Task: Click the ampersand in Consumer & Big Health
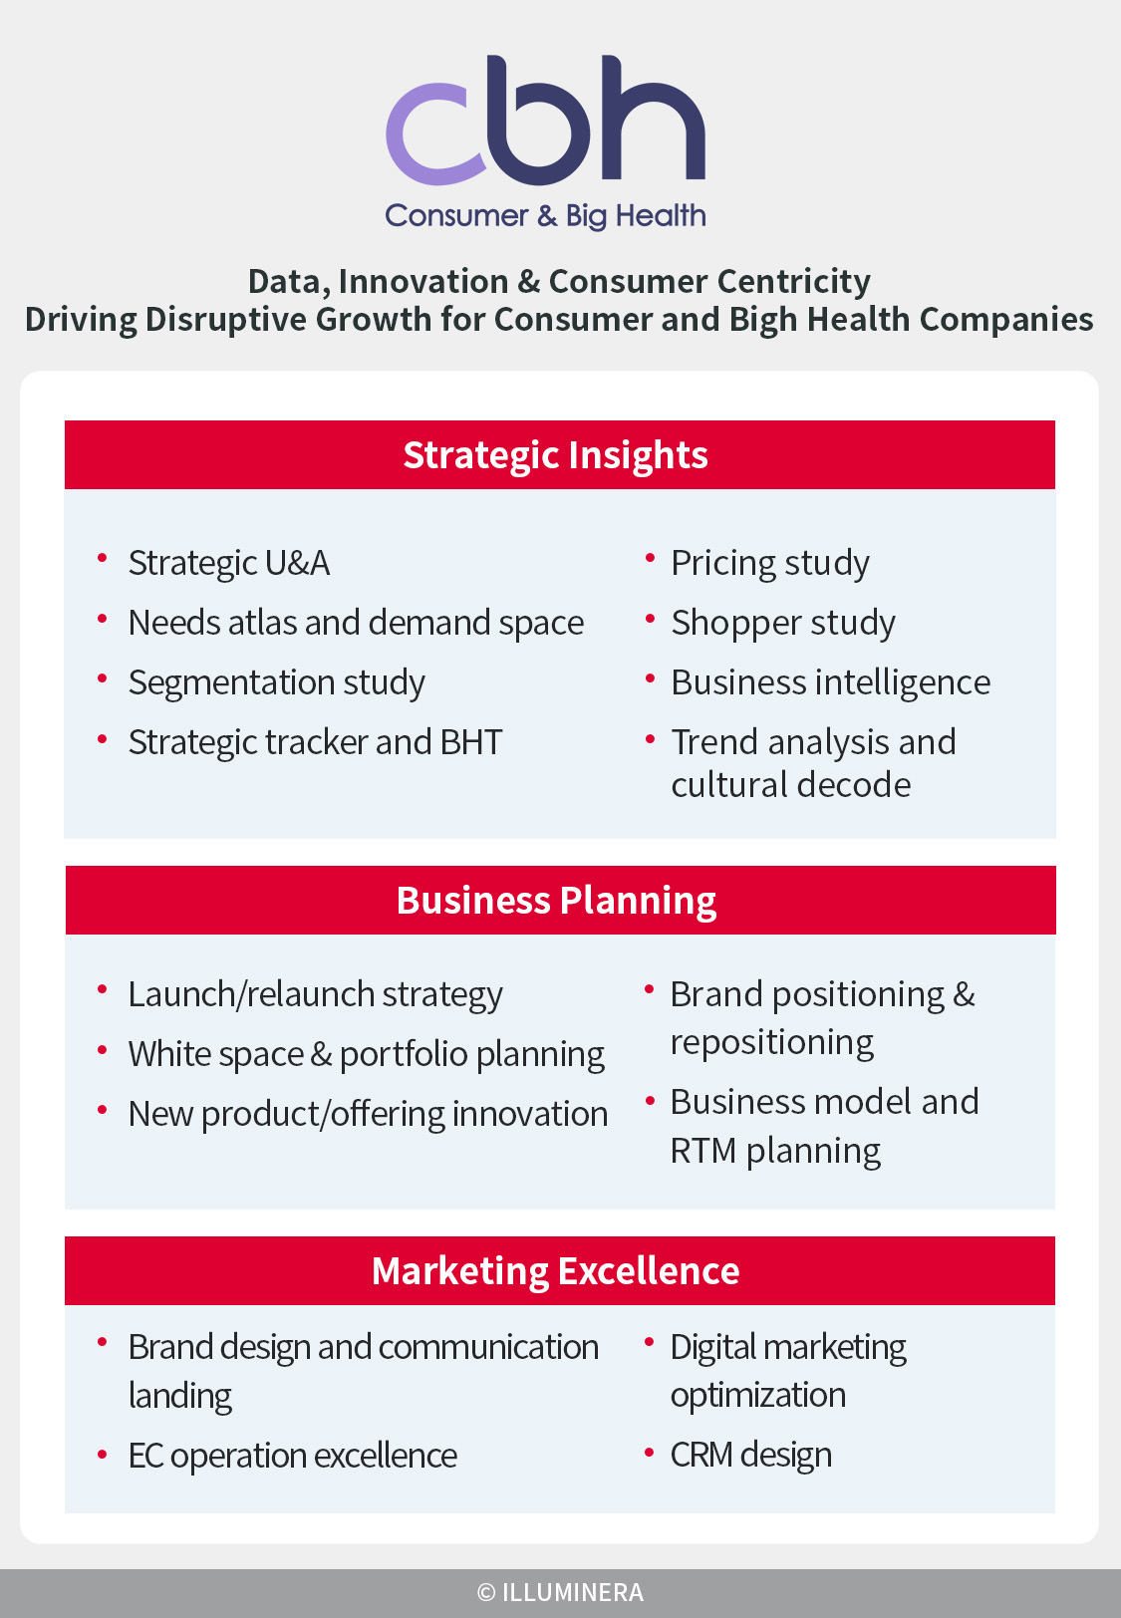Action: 547,216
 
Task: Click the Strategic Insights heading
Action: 555,455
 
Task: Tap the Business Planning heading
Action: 556,900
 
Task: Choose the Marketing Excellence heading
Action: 555,1271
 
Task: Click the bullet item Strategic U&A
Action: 229,564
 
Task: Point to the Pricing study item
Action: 770,564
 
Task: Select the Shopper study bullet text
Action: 783,623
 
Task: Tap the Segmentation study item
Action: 277,682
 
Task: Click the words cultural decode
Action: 791,784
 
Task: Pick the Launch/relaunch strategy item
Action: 315,994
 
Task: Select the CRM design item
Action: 751,1455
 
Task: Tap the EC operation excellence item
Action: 293,1456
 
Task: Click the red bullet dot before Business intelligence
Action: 650,676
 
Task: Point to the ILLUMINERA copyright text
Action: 560,1592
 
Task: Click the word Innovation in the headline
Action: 423,282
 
